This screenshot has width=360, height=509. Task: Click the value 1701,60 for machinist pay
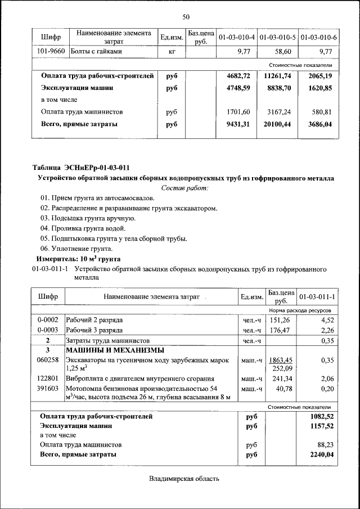tap(238, 112)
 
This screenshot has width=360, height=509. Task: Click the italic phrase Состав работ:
tap(185, 188)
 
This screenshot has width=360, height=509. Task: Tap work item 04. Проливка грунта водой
tap(83, 228)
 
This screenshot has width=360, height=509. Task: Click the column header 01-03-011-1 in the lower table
tap(317, 296)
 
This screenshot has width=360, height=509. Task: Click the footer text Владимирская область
tap(184, 479)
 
